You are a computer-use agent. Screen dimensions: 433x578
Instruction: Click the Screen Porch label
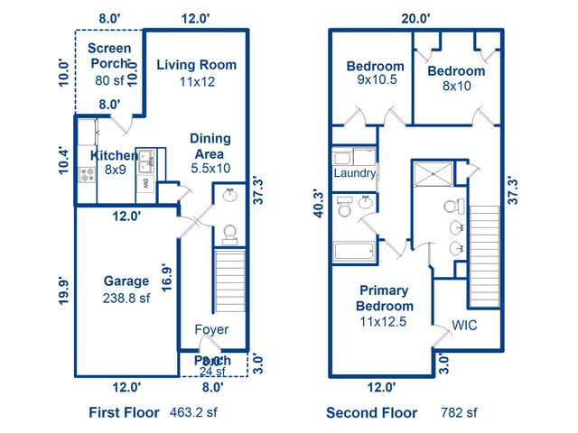tap(110, 56)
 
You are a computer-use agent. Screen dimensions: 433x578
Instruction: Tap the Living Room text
tap(196, 65)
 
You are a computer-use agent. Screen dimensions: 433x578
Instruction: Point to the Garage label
tap(126, 281)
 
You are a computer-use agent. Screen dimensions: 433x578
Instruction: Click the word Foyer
tap(212, 329)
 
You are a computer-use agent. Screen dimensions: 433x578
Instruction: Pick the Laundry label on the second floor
tap(354, 173)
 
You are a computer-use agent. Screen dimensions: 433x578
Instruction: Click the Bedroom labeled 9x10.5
tap(376, 67)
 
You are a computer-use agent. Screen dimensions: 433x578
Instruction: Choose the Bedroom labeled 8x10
tap(456, 71)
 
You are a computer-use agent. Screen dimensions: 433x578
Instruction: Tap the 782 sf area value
tap(458, 412)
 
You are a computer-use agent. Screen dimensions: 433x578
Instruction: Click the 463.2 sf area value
tap(194, 412)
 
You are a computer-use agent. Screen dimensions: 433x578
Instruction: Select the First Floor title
tap(126, 412)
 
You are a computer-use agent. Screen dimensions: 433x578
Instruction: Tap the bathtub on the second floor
tap(354, 252)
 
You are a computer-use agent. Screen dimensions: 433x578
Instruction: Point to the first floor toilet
tap(229, 235)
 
